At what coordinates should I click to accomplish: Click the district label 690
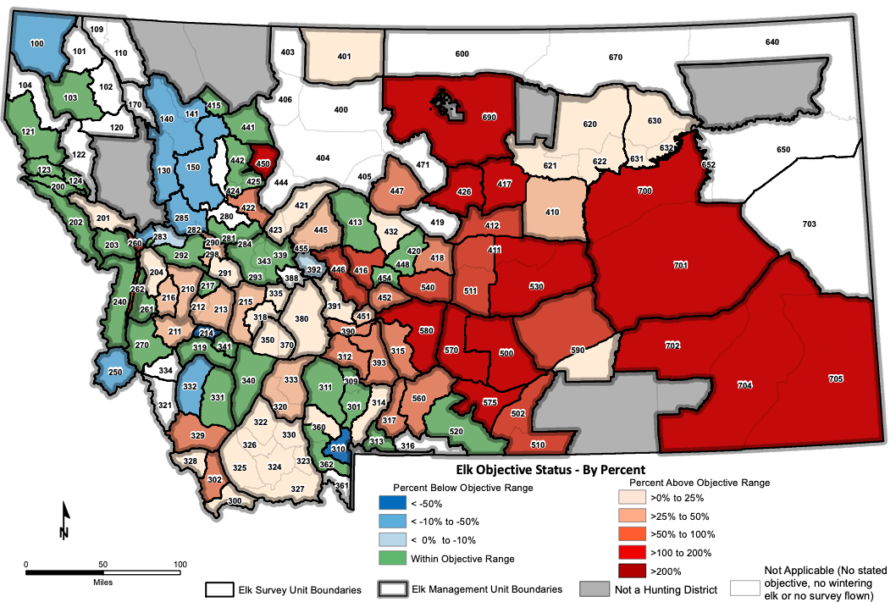pos(489,116)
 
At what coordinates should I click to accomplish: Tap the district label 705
pos(835,378)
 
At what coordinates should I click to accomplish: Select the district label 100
pos(36,43)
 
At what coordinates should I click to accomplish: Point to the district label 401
pos(344,57)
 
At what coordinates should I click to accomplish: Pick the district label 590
pos(578,349)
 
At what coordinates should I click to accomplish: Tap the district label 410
pos(553,212)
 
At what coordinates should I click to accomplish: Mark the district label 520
pos(456,431)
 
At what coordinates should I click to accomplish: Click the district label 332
pos(191,386)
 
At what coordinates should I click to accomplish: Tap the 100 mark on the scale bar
pos(180,564)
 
